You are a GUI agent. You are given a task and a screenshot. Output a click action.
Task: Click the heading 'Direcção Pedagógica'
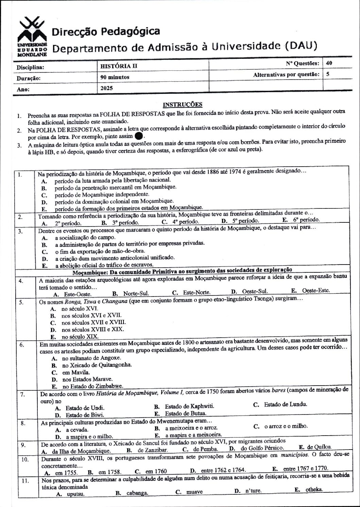point(106,32)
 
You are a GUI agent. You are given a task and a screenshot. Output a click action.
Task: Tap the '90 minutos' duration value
point(115,77)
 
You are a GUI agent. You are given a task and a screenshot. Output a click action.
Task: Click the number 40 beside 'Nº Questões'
point(329,63)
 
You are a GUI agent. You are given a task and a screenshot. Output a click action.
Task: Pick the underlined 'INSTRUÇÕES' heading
point(183,104)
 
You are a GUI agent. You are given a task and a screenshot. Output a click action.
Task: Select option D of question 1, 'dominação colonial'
point(114,201)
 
